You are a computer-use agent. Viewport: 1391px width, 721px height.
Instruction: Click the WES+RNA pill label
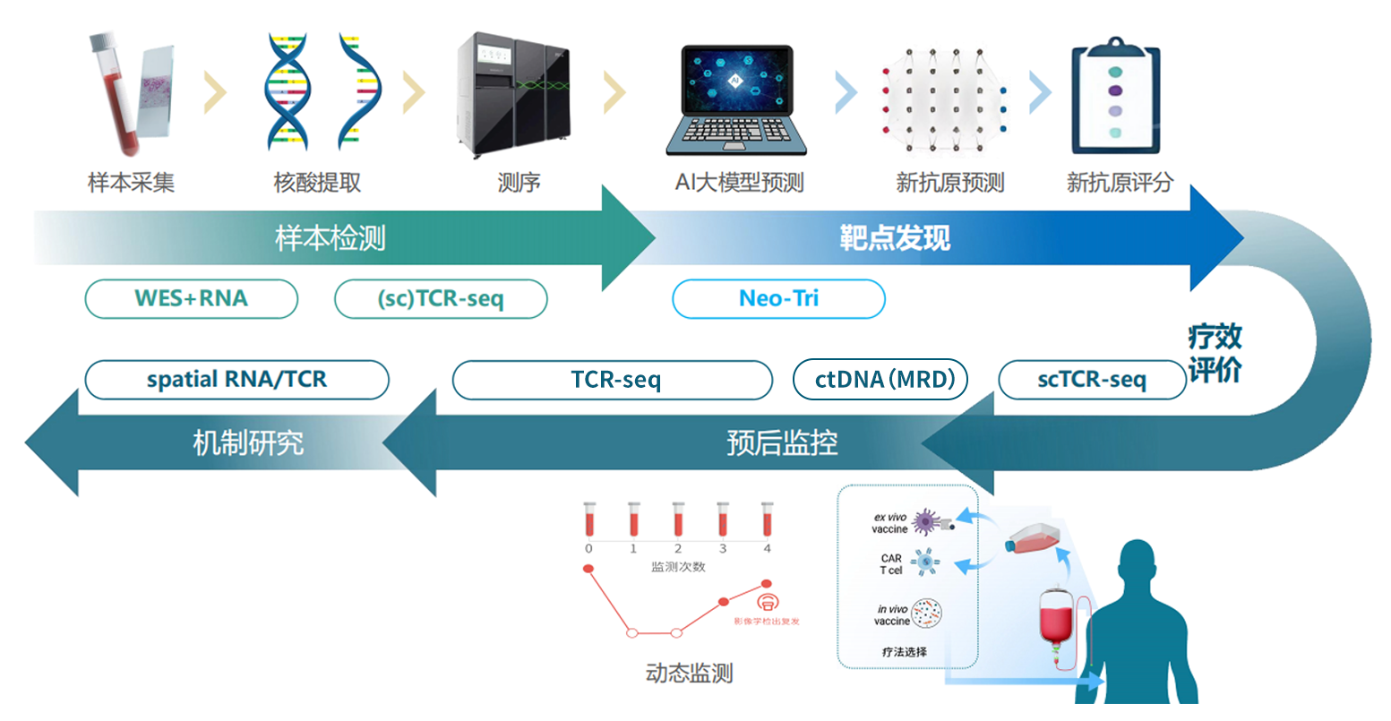point(191,298)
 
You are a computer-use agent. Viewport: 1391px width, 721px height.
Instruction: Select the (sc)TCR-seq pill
point(441,299)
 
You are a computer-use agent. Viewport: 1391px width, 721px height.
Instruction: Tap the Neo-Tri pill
point(778,299)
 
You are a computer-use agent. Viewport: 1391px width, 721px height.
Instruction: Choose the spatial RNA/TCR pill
point(236,380)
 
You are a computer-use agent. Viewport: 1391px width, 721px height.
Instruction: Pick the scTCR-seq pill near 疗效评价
point(1091,380)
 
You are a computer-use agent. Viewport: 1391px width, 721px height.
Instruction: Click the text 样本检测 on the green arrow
point(331,238)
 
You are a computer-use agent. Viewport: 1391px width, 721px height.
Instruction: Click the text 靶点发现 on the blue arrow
point(894,238)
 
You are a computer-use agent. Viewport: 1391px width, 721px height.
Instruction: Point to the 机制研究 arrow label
point(248,442)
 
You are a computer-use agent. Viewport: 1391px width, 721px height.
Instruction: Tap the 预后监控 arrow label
point(782,442)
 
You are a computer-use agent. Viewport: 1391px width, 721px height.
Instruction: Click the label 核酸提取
point(317,183)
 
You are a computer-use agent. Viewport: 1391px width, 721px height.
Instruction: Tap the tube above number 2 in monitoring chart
point(678,519)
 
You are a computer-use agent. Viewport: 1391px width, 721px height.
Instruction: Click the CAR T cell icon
point(925,563)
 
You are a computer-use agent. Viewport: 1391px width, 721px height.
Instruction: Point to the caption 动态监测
point(689,673)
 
